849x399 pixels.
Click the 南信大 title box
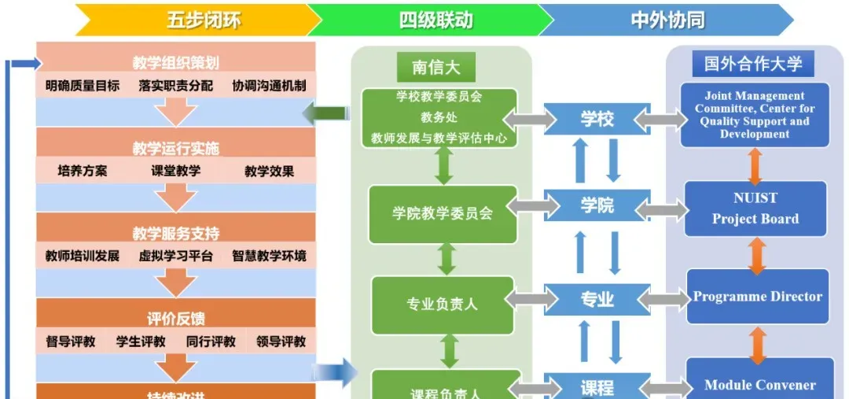pos(436,68)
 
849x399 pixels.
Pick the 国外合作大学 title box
pos(752,63)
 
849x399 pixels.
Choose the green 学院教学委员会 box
pos(443,213)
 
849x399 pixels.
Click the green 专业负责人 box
pos(442,303)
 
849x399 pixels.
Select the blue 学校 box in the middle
pos(597,120)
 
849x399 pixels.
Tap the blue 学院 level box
pos(597,206)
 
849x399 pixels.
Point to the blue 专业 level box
pos(597,300)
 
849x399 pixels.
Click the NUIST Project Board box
pos(755,209)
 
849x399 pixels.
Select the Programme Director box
pos(757,297)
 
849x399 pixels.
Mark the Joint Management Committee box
pos(755,115)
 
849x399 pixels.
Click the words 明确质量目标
pos(82,86)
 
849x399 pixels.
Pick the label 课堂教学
pos(175,171)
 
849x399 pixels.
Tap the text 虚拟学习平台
pos(175,256)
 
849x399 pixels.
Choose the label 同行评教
pos(211,342)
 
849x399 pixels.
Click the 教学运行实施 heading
pos(175,149)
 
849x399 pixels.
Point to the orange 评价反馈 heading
pos(175,319)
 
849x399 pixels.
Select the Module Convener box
pos(759,384)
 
